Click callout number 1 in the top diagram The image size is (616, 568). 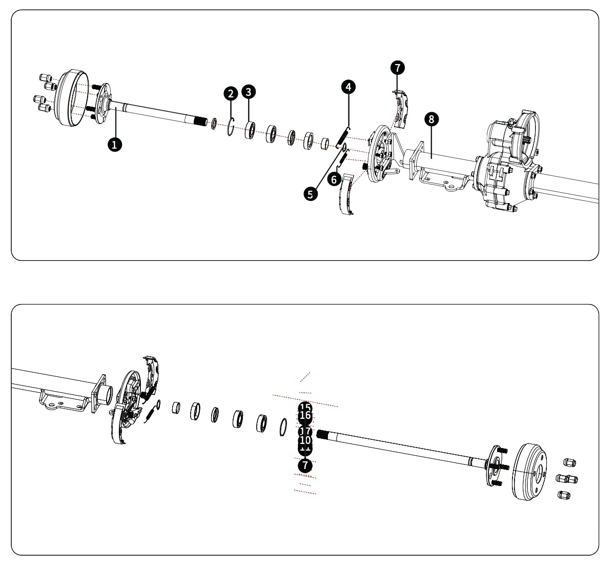point(114,145)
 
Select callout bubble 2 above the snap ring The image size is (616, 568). point(231,93)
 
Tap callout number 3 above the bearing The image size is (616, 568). point(249,92)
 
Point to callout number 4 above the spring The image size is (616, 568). point(348,87)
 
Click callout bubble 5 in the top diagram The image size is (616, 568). point(310,193)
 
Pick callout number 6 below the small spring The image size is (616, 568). point(334,179)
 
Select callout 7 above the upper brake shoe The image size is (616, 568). point(397,67)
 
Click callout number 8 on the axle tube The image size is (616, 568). point(432,119)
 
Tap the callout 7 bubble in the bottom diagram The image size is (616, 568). point(305,465)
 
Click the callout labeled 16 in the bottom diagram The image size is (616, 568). point(305,415)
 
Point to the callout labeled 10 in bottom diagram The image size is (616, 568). point(305,440)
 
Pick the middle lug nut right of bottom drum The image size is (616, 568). point(566,479)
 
